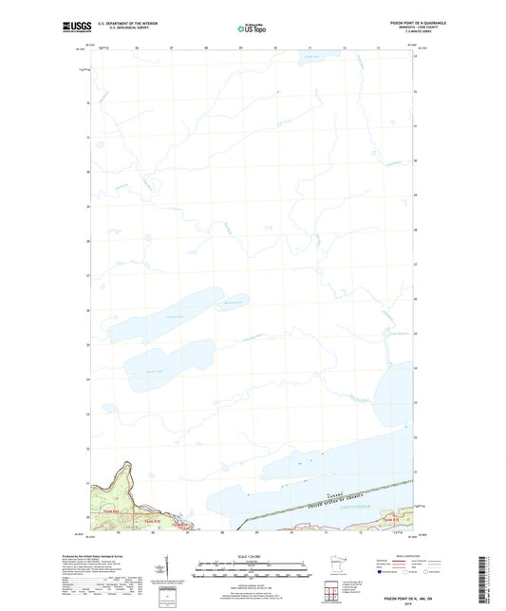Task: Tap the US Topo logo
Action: coord(252,29)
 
